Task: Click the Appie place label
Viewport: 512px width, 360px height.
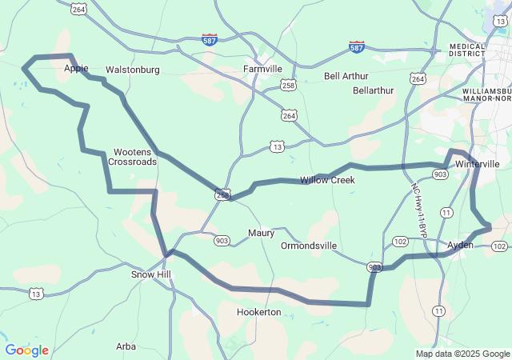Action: [76, 69]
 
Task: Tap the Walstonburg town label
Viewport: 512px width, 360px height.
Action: [132, 70]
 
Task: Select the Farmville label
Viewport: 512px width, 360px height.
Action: [262, 69]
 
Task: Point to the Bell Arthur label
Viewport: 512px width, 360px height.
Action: [346, 77]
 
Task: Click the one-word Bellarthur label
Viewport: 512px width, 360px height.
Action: [373, 90]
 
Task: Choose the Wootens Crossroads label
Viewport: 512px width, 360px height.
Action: [134, 156]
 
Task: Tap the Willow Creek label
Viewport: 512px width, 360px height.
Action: [327, 180]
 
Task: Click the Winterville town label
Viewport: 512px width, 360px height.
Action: [477, 163]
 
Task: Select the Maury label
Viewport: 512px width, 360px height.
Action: [261, 234]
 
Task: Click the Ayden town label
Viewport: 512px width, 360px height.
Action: [461, 245]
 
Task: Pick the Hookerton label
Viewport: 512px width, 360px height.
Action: [259, 311]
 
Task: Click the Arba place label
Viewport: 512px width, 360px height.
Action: [126, 346]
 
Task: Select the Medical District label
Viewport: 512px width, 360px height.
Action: [468, 50]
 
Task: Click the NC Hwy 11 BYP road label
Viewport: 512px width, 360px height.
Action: [420, 210]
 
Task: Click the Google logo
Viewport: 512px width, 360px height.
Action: [27, 350]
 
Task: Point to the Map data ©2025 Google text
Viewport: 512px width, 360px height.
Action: [462, 354]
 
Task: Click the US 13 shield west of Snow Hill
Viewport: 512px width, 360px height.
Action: [35, 294]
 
